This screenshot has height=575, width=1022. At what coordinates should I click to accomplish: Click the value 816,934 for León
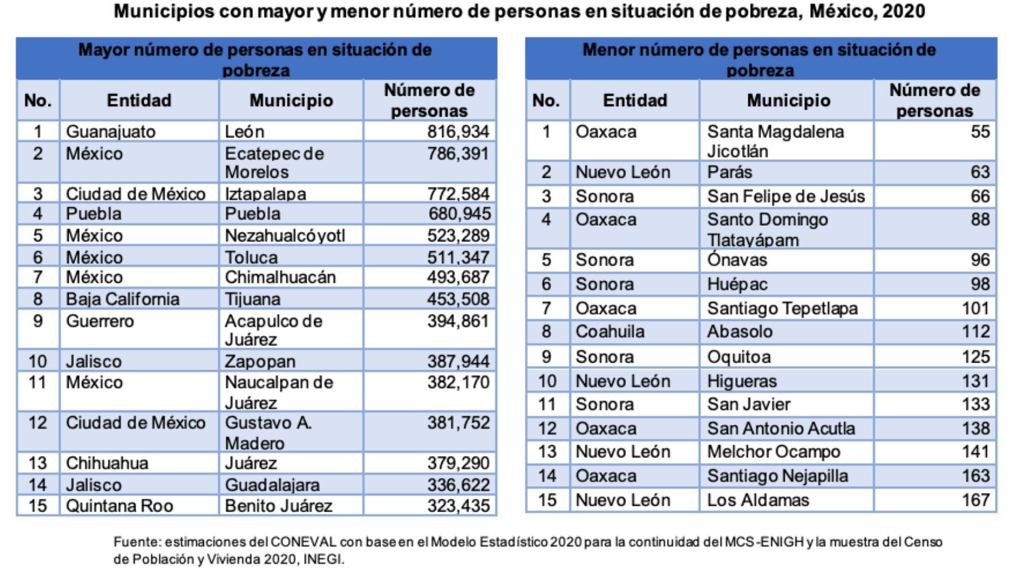(x=458, y=132)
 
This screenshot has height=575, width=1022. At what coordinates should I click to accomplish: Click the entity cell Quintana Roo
(x=119, y=505)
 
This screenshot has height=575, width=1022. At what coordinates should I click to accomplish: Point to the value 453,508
(x=458, y=299)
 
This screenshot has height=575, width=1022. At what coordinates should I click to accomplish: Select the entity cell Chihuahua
(x=107, y=463)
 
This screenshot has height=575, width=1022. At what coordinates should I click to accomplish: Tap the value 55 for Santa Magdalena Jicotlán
(x=980, y=132)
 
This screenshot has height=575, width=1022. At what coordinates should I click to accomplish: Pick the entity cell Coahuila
(x=609, y=332)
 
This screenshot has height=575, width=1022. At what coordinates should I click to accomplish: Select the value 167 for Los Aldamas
(x=975, y=500)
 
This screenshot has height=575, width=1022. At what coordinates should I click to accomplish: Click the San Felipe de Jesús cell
(x=786, y=196)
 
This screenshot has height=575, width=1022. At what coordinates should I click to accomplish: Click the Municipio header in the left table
(x=291, y=101)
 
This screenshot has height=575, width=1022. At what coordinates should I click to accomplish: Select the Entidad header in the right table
(x=634, y=101)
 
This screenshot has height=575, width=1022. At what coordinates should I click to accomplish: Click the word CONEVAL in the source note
(x=303, y=542)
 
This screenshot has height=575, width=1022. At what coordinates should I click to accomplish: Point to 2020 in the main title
(x=903, y=11)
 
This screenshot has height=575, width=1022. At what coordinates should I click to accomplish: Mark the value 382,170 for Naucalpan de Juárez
(x=458, y=382)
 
